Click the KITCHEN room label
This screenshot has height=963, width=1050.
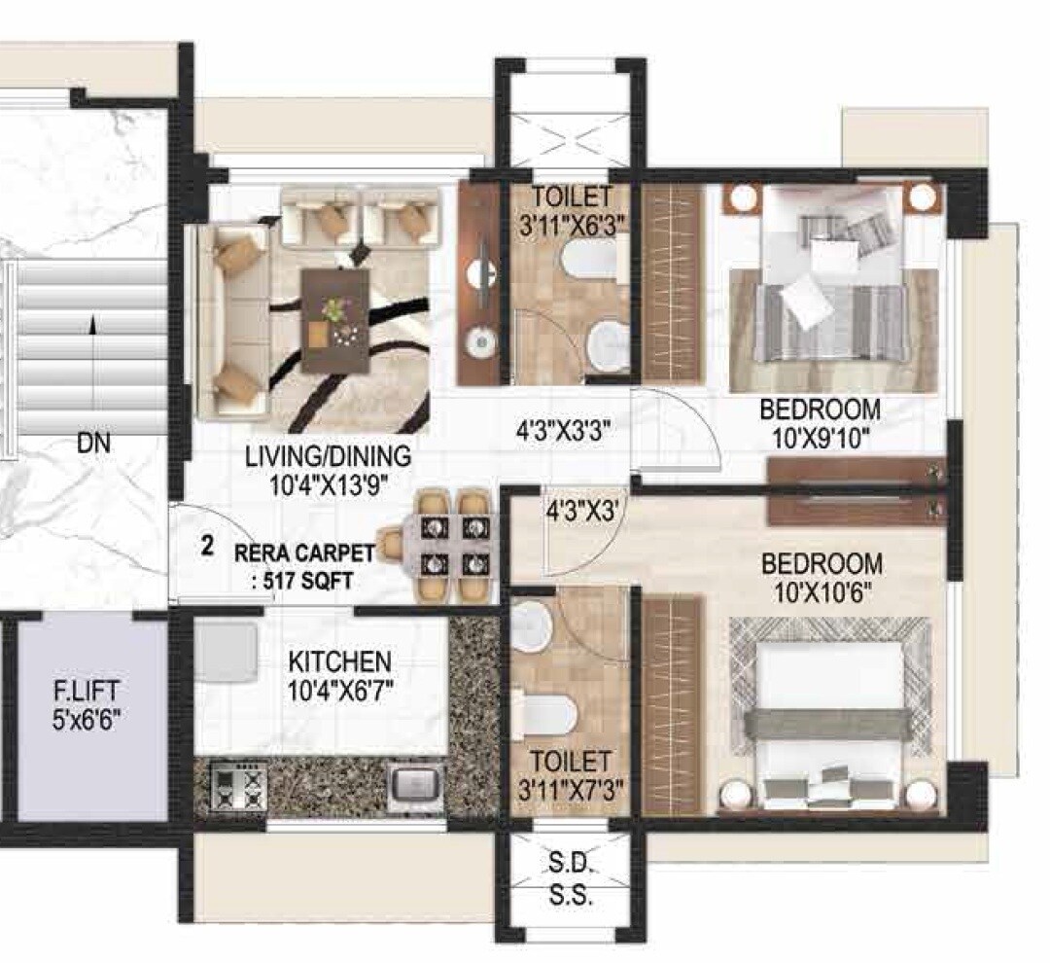[339, 662]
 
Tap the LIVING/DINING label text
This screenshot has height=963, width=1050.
[328, 456]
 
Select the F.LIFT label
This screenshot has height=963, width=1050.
[87, 693]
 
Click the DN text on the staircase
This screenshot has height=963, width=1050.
[94, 445]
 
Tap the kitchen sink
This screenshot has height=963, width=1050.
[415, 784]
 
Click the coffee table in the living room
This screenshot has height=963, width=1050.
[335, 320]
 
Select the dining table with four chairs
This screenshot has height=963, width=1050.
[446, 546]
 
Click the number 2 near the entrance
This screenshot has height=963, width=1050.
[207, 545]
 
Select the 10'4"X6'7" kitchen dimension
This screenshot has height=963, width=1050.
[339, 693]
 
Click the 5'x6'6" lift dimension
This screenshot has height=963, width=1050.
[87, 721]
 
